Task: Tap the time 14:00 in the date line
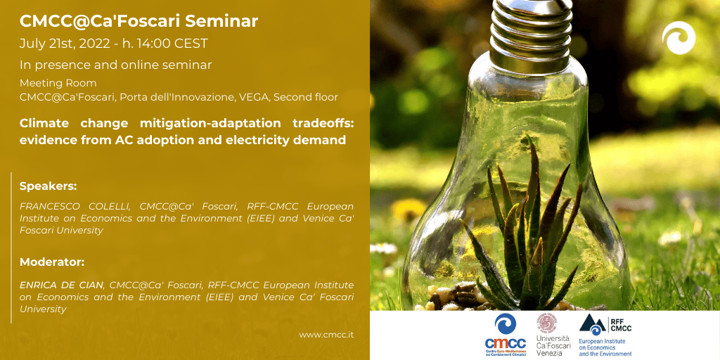pyautogui.click(x=155, y=44)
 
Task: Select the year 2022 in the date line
pyautogui.click(x=95, y=44)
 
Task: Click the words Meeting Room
pyautogui.click(x=58, y=83)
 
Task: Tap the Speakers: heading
pyautogui.click(x=49, y=186)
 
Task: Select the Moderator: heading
pyautogui.click(x=52, y=262)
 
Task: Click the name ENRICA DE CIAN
pyautogui.click(x=62, y=285)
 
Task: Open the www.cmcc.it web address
pyautogui.click(x=326, y=335)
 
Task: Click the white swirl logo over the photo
pyautogui.click(x=679, y=38)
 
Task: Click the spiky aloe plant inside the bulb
pyautogui.click(x=528, y=234)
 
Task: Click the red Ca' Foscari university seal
pyautogui.click(x=547, y=323)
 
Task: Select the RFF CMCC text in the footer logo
pyautogui.click(x=621, y=324)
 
